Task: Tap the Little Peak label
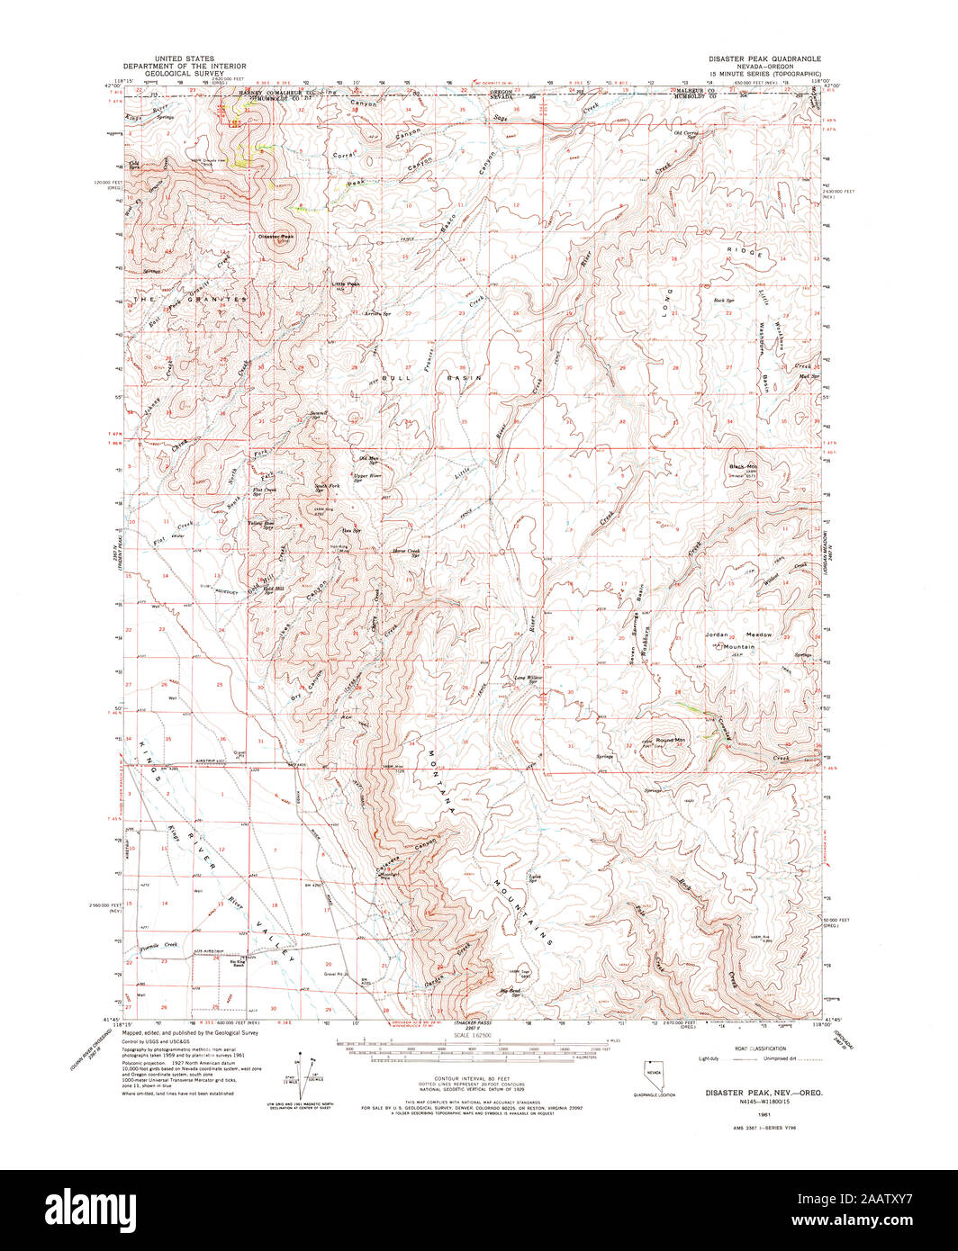(x=345, y=284)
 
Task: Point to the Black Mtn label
(x=745, y=466)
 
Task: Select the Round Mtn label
(x=671, y=740)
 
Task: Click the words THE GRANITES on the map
(x=190, y=298)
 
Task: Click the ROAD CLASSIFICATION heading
(x=761, y=1049)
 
